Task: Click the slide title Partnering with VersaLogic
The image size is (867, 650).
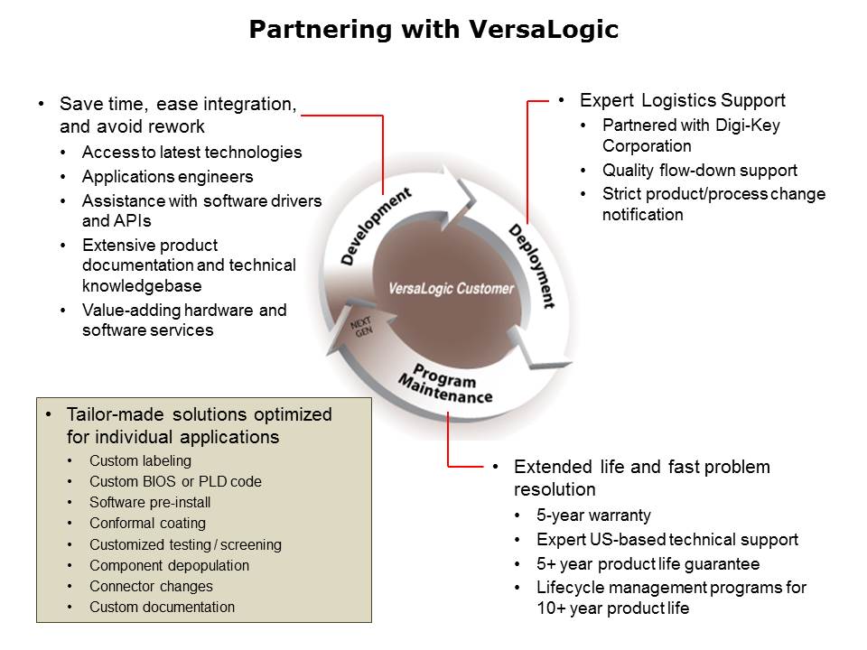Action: [433, 30]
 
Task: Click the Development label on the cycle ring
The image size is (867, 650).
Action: [376, 226]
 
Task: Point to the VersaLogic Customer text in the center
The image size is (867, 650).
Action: [451, 289]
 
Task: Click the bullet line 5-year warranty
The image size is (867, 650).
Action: [593, 515]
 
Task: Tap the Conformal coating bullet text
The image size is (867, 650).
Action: [147, 524]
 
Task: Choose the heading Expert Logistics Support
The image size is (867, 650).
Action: [682, 100]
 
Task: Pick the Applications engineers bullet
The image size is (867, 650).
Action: [167, 176]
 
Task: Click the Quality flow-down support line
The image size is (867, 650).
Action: [700, 170]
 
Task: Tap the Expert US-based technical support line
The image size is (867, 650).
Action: [667, 540]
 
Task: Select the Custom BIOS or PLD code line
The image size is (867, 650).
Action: [175, 482]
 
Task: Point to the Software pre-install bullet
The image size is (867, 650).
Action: [150, 503]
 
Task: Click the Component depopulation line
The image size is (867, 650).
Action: [169, 565]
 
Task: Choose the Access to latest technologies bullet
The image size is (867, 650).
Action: [191, 152]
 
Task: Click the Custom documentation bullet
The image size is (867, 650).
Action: [162, 607]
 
